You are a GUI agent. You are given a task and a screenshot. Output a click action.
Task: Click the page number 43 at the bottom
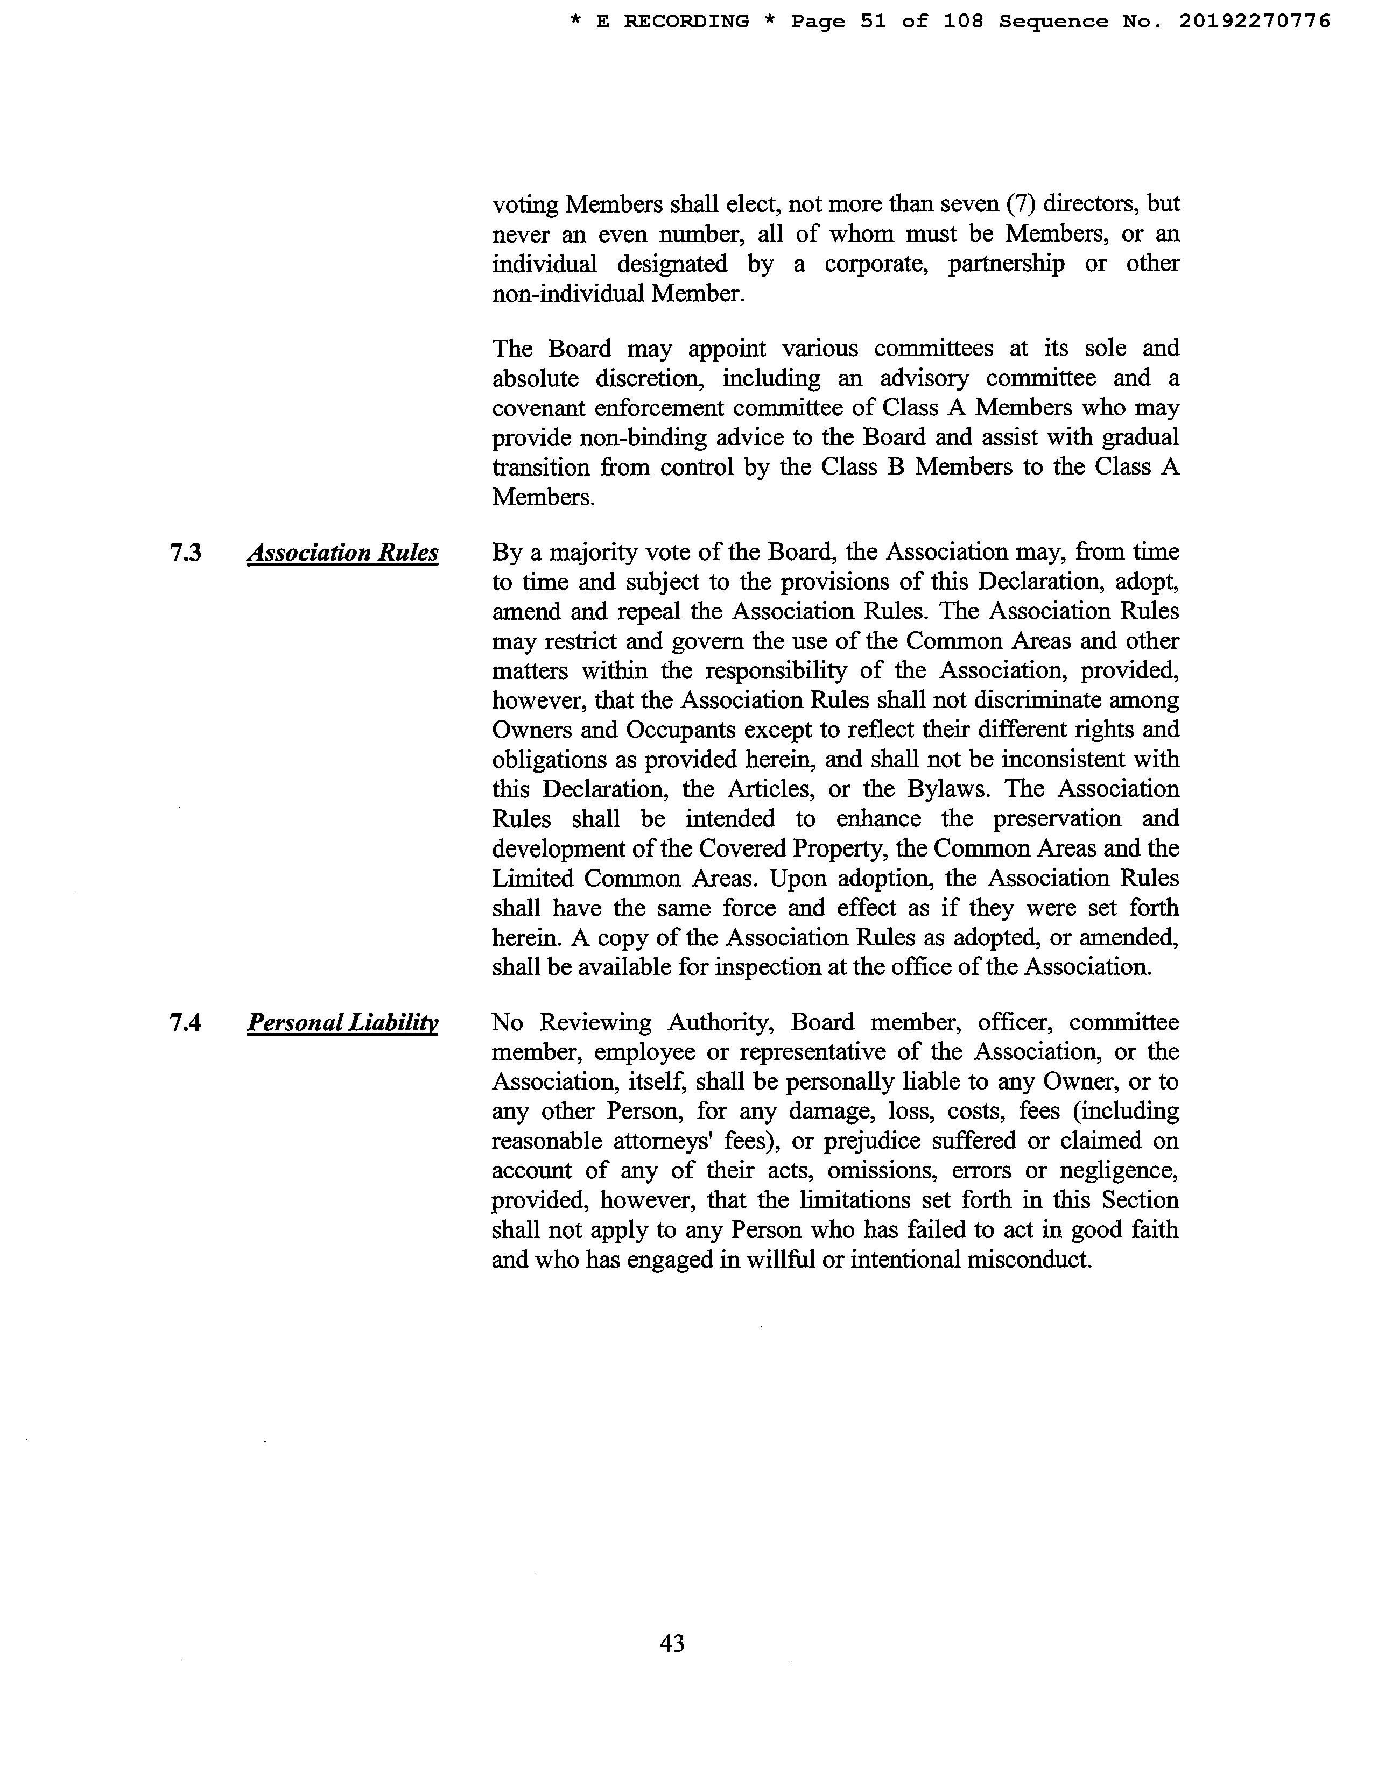(672, 1643)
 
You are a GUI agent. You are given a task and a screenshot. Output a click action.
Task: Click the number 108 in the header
(964, 21)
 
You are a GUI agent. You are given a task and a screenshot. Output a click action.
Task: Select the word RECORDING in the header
(686, 21)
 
